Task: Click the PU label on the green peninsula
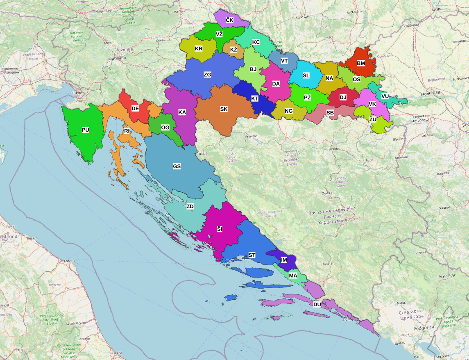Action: (85, 130)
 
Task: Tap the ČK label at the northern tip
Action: (229, 20)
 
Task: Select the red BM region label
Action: (361, 64)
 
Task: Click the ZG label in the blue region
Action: (207, 75)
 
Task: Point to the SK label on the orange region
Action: (224, 109)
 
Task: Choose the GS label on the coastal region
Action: (177, 166)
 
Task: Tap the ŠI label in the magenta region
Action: (220, 230)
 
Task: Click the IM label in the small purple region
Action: (284, 260)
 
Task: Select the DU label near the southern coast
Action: (317, 305)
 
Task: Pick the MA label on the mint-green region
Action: (293, 276)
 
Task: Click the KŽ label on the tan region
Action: (233, 50)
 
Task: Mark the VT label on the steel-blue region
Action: (284, 61)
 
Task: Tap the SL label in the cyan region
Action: (306, 75)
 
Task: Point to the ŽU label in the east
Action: (372, 119)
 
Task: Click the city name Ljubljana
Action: (117, 58)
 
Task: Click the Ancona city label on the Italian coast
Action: (69, 261)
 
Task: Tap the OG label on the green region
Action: (165, 128)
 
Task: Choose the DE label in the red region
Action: (135, 109)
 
